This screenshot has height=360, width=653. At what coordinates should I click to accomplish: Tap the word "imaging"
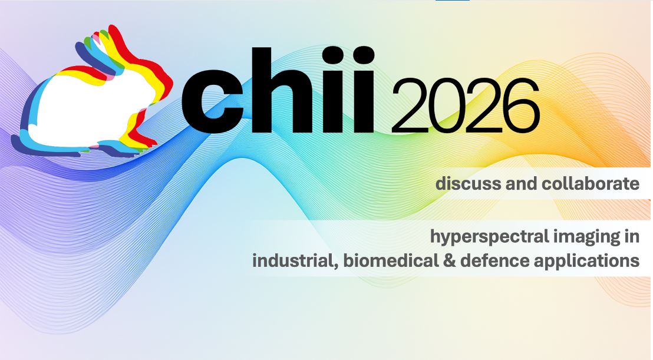(x=581, y=237)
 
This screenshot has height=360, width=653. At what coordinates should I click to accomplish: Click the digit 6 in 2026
(x=519, y=107)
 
